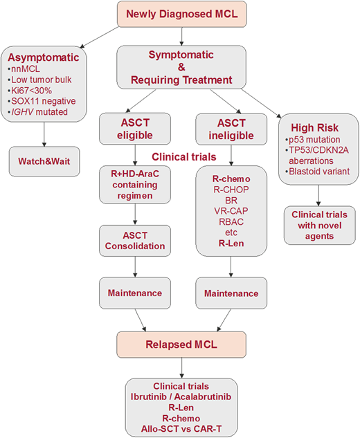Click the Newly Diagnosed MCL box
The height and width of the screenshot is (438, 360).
tap(182, 14)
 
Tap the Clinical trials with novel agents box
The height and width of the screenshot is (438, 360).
tap(320, 225)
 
